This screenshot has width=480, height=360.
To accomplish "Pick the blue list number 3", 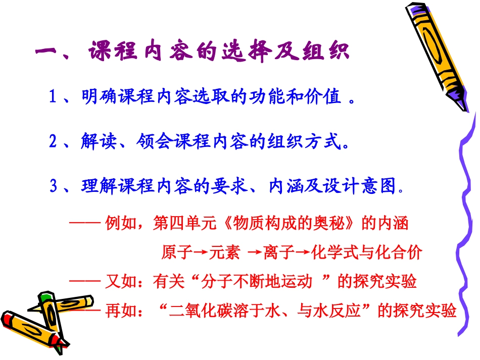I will click(x=54, y=187).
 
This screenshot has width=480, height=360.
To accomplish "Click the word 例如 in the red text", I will click(x=118, y=224).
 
